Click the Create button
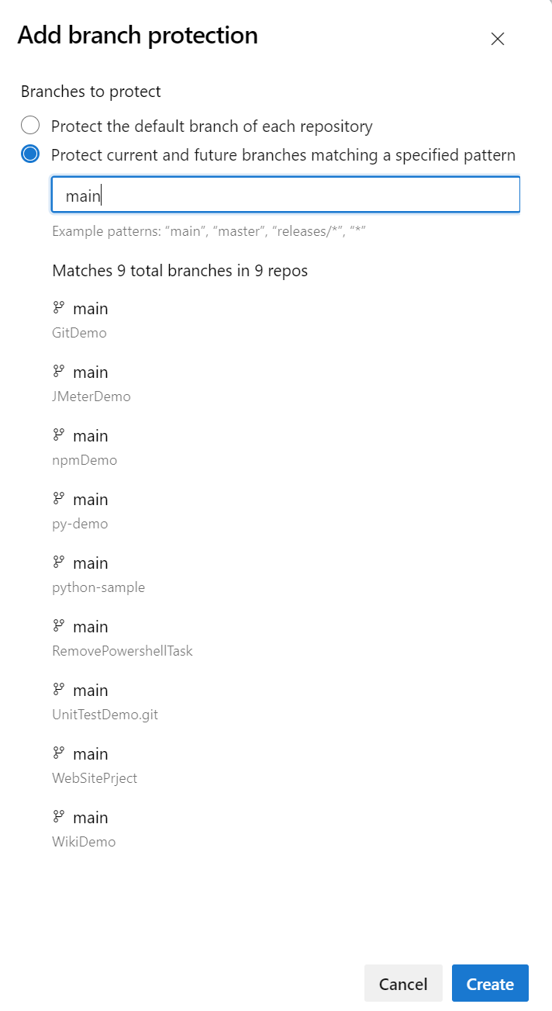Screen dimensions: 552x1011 point(490,984)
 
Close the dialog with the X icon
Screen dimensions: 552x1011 point(498,39)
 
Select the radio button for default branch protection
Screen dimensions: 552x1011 point(30,126)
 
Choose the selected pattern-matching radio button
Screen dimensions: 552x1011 point(30,154)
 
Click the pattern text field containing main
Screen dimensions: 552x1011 point(285,196)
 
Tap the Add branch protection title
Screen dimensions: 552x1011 point(137,36)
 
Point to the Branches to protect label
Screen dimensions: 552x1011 point(91,92)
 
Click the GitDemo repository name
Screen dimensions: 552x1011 point(79,333)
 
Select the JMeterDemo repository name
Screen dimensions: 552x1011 point(91,396)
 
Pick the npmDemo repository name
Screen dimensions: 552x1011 point(85,460)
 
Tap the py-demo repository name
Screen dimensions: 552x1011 point(80,524)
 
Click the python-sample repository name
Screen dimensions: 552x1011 point(98,587)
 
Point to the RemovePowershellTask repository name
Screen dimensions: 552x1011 point(122,651)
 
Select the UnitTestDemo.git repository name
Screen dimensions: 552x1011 point(105,715)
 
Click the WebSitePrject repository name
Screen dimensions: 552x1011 point(95,778)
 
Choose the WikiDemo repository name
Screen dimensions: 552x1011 point(84,842)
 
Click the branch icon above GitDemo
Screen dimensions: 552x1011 point(58,308)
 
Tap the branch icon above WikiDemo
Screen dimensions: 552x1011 point(58,817)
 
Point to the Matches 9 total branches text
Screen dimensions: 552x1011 point(180,271)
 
